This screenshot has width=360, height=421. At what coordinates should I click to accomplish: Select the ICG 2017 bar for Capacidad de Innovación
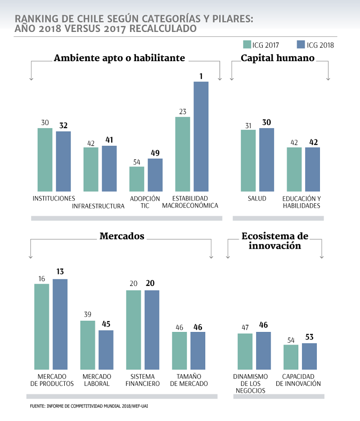click(x=291, y=357)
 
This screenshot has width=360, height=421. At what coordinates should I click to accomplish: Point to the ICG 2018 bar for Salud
click(x=267, y=160)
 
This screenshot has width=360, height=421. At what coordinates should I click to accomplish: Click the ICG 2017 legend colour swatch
click(x=247, y=45)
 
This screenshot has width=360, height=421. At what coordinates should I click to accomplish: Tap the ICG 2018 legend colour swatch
click(x=301, y=45)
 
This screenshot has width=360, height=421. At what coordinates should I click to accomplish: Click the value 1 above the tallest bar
click(x=201, y=76)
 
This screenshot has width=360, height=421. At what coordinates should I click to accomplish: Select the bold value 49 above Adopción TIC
click(x=155, y=153)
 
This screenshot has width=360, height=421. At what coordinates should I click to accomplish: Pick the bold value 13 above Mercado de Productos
click(x=60, y=273)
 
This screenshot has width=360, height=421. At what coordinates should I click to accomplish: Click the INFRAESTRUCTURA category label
click(x=99, y=206)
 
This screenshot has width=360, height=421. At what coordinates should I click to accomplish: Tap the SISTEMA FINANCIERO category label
click(x=143, y=380)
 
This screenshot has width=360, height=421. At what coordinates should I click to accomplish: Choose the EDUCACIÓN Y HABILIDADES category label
click(x=301, y=202)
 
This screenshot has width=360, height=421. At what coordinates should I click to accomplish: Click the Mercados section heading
click(x=122, y=236)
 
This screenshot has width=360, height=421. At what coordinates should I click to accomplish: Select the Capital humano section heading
click(x=278, y=58)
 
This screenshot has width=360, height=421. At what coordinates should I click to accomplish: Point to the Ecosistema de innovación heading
click(x=275, y=241)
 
